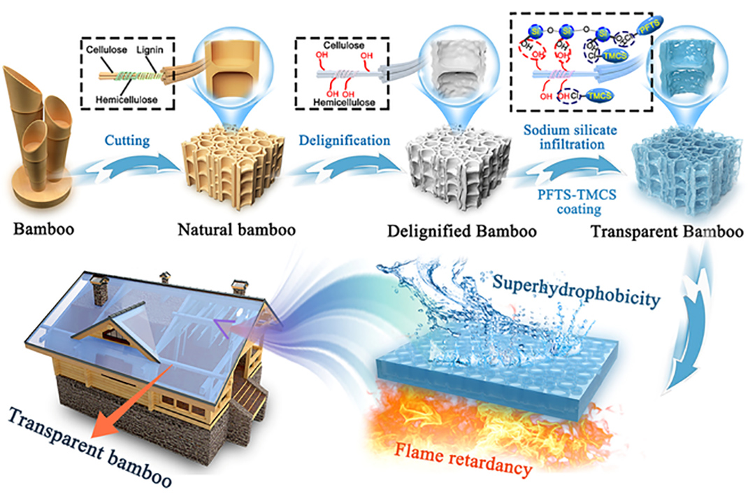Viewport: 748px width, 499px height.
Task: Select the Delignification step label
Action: click(x=345, y=140)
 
